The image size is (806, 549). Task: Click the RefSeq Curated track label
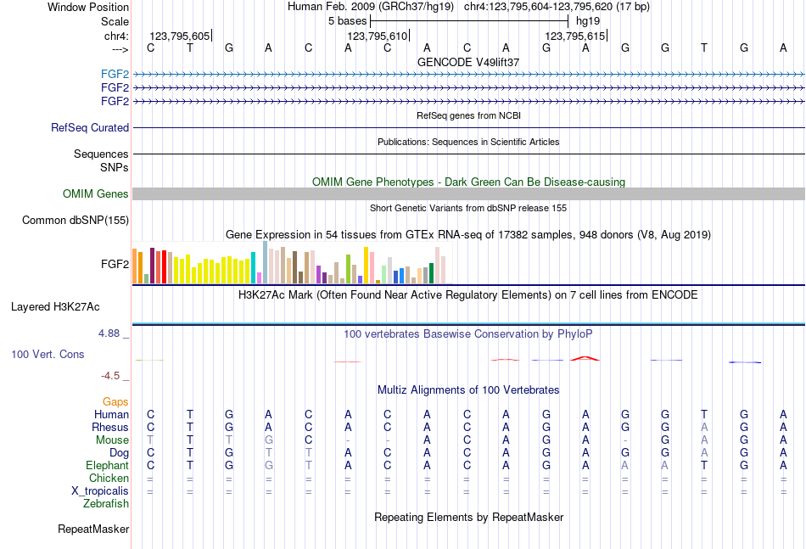coord(90,127)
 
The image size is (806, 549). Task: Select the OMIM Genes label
coord(96,194)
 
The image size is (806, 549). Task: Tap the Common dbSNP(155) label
coord(76,221)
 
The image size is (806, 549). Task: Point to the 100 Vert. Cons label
coord(48,354)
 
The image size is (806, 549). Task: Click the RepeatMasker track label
coord(93,529)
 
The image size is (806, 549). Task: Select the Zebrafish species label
coord(106,503)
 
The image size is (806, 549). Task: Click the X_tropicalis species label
coord(100,490)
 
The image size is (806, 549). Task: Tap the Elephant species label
coord(107,465)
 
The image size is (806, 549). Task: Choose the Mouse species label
coord(112,440)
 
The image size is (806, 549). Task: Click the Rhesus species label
coord(111,427)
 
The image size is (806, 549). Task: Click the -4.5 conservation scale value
coord(110,375)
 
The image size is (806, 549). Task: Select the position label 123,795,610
coord(377,36)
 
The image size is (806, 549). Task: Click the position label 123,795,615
coord(575,36)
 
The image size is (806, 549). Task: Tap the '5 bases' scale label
coord(347,20)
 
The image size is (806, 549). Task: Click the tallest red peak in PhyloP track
coord(585,357)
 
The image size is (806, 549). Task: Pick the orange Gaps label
coord(115,401)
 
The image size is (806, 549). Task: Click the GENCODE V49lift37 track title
coord(468,62)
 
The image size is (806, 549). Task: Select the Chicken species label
coord(109,478)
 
